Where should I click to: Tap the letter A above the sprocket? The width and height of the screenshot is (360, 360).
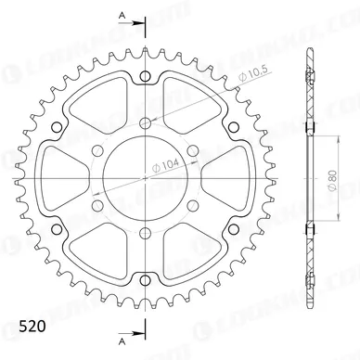(x=122, y=16)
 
